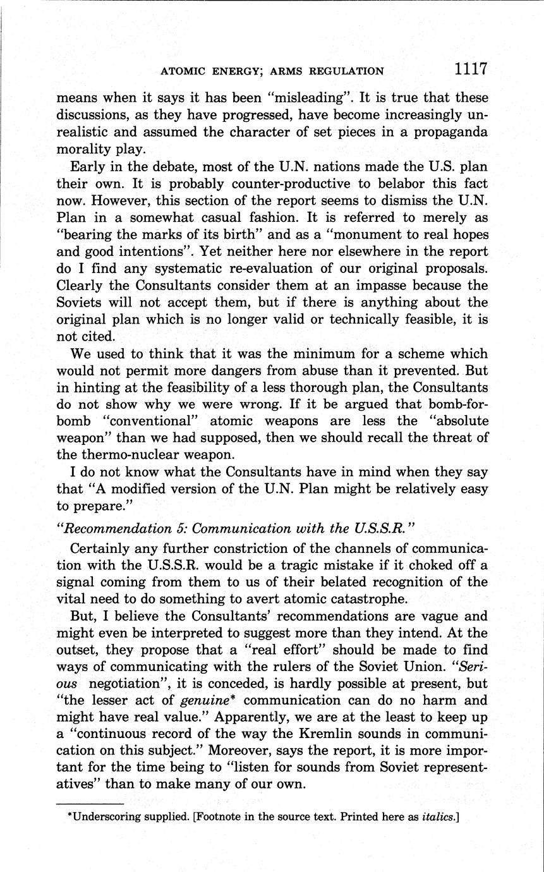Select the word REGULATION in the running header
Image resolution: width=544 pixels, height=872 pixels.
[344, 71]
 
